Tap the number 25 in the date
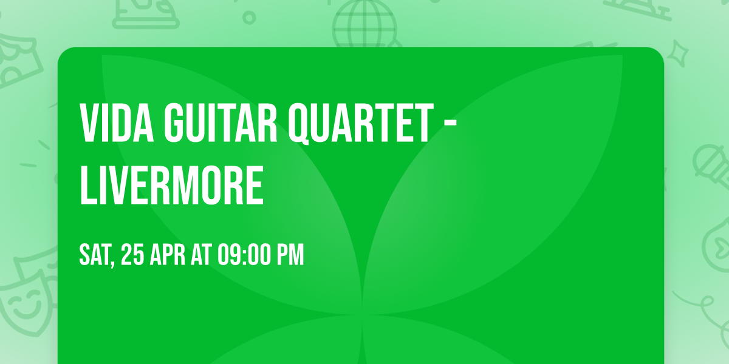click(133, 255)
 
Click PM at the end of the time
click(290, 255)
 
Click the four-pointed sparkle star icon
click(681, 52)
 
